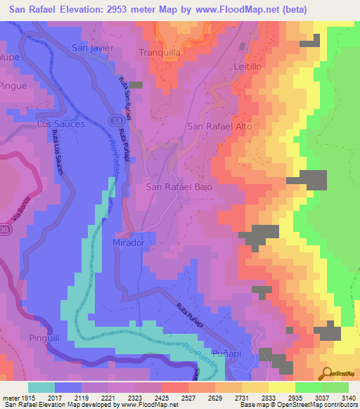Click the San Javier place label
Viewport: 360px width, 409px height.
[x=91, y=48]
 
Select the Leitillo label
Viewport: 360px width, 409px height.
[x=247, y=65]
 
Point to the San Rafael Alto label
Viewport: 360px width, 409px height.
[x=219, y=126]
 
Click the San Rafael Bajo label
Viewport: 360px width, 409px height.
[x=179, y=188]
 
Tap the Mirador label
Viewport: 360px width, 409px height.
[x=129, y=242]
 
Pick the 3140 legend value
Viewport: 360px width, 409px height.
[x=349, y=398]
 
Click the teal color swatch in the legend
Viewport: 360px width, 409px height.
[x=41, y=387]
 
